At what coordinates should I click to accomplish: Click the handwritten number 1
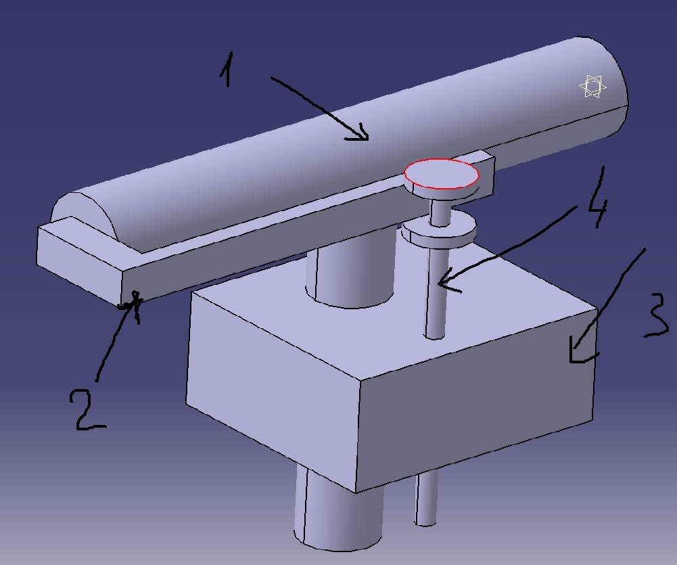pos(227,70)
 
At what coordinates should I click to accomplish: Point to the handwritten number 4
pos(599,198)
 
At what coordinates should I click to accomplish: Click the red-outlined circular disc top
pos(441,174)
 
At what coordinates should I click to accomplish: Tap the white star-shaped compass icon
pos(592,87)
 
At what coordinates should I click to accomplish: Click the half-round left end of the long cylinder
pos(84,212)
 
